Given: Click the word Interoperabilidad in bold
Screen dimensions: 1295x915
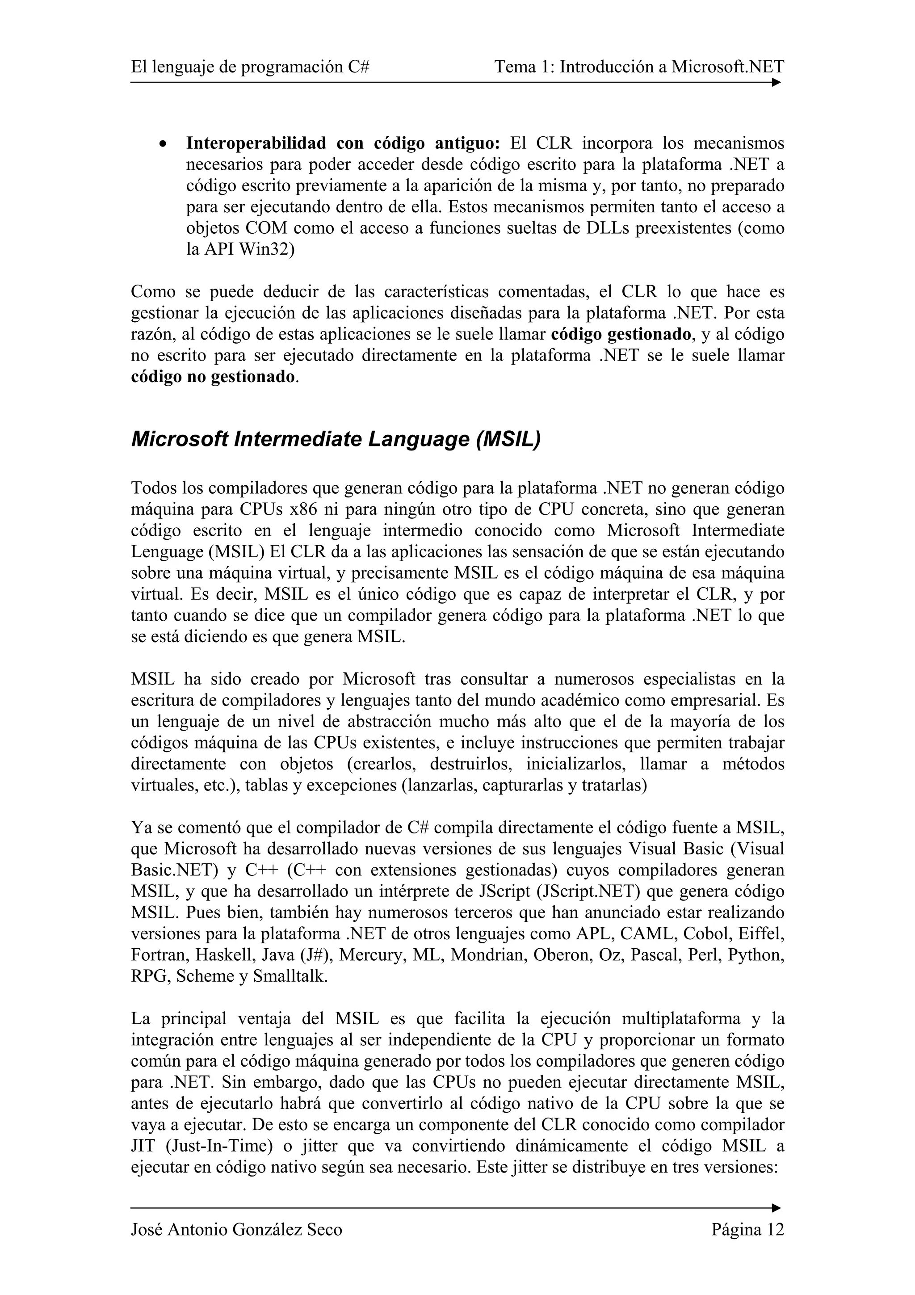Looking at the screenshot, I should [x=256, y=143].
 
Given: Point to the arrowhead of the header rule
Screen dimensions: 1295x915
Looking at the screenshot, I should [x=776, y=82].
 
